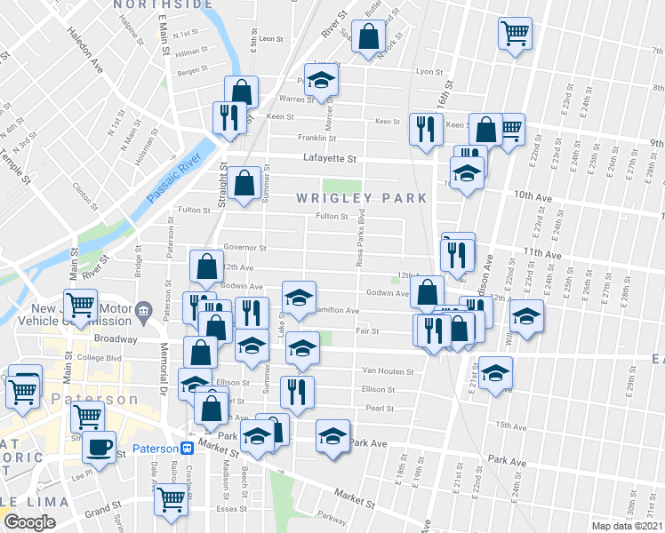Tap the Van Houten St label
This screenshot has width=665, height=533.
[383, 370]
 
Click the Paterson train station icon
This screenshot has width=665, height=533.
[188, 449]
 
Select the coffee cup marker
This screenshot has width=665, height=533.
[100, 446]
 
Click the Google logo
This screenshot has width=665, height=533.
[29, 522]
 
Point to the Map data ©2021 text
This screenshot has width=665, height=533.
[628, 526]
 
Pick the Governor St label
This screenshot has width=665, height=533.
[244, 248]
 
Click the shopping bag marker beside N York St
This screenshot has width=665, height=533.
[368, 38]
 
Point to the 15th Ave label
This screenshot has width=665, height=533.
[511, 426]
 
